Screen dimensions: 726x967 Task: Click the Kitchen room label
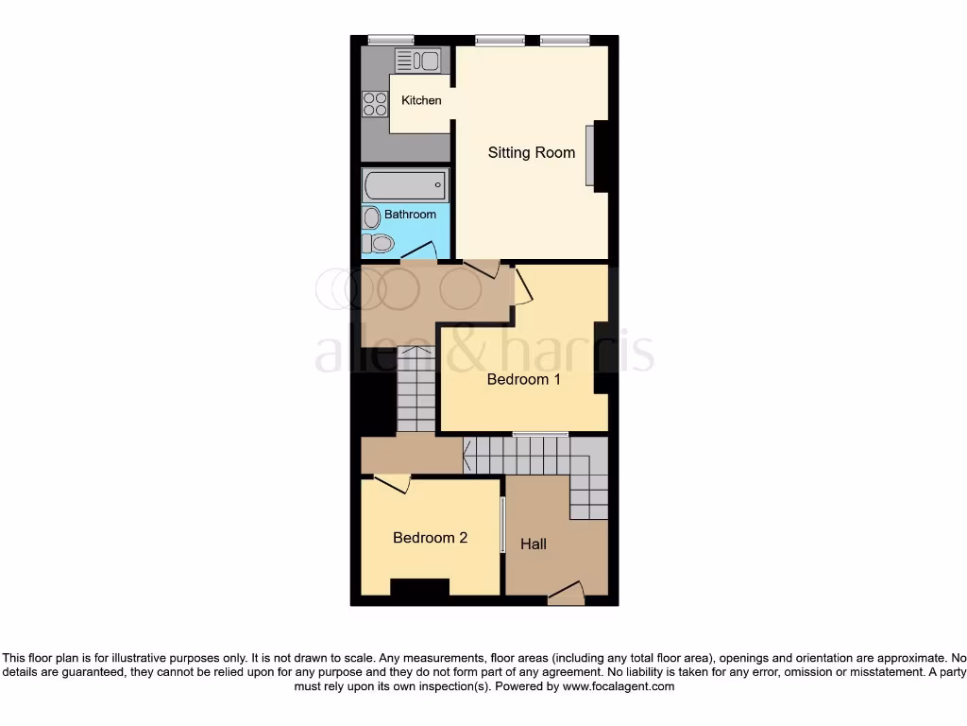pos(421,100)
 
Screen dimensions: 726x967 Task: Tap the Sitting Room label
pos(531,152)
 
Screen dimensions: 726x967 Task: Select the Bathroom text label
pos(410,215)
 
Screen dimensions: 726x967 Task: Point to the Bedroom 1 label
pos(523,379)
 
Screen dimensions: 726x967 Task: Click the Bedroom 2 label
pos(430,538)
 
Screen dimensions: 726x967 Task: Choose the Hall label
pos(534,544)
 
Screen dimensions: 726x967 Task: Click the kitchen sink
pos(418,61)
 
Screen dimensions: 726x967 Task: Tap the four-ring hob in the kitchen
pos(375,102)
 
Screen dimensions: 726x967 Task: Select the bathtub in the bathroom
pos(404,186)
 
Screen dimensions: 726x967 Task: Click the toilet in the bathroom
pos(380,244)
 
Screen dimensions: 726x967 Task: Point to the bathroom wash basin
pos(371,216)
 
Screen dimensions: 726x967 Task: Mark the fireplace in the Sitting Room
pos(591,156)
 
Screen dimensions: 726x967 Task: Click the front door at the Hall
pos(567,595)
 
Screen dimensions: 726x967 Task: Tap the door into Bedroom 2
pos(391,484)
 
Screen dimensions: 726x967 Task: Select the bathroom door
pos(417,251)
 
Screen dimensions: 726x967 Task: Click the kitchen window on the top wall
pos(384,40)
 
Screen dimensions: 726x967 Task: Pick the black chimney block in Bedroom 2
pos(420,587)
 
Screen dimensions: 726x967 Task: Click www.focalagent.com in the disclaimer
pos(619,686)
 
